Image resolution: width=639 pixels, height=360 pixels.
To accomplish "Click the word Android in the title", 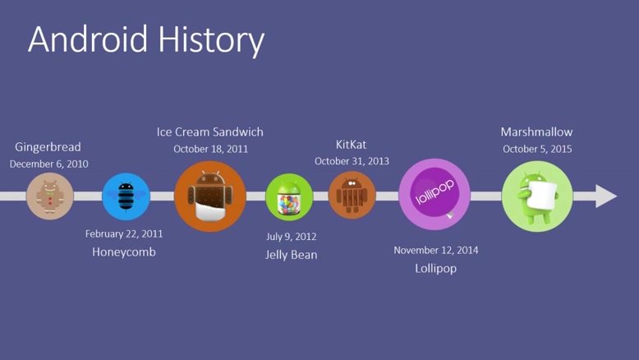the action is coord(88,39).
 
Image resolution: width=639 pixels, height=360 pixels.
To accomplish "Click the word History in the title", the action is coord(212,41).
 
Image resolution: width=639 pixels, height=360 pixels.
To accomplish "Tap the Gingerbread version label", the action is coord(48,147).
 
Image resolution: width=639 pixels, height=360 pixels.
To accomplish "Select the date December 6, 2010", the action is coord(49,164).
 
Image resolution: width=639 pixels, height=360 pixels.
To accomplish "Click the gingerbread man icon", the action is coord(50,196).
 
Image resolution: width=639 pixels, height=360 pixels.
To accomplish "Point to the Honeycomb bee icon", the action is coord(126,196).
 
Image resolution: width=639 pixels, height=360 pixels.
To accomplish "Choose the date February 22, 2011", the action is coord(124,233).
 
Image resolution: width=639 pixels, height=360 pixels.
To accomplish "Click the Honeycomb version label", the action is coord(124,252).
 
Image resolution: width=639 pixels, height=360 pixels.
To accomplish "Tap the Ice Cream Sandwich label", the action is coord(210,132).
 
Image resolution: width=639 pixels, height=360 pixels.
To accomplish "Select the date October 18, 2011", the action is coord(211,149).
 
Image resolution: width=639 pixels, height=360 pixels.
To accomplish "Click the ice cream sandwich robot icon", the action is coord(210,196).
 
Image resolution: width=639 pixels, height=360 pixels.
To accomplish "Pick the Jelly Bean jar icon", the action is coord(289,197).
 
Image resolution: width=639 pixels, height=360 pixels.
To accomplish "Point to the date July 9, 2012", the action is coord(291,237).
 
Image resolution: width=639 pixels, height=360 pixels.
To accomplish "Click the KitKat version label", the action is coord(351,145).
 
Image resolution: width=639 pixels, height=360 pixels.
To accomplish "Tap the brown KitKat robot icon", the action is coord(352,196).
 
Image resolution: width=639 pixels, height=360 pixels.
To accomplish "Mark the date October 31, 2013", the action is coord(352,161).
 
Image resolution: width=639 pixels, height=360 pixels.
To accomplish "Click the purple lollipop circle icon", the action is coord(434,195).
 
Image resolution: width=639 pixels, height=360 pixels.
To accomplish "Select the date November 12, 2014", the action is coord(435,250).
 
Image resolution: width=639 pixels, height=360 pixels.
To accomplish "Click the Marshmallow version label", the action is coord(536,132).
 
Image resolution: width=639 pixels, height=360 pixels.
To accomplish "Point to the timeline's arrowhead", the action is coord(606,196).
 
